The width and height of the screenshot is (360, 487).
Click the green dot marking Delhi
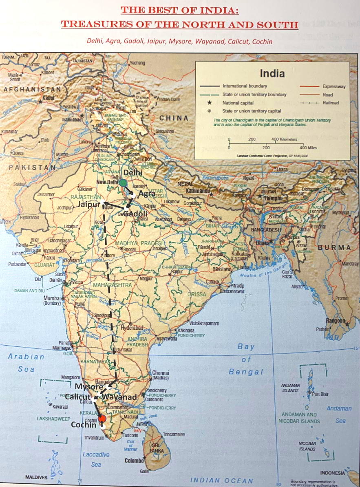(123, 182)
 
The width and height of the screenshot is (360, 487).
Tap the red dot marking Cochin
(102, 419)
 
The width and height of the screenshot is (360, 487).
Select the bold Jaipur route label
(89, 205)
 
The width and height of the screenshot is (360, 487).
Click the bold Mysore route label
(88, 386)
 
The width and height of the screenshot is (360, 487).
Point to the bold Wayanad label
(119, 397)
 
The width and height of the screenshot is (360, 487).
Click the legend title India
(272, 74)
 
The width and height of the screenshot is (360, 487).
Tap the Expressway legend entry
(333, 86)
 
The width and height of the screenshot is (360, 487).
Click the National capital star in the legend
(209, 103)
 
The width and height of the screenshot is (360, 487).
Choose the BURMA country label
(334, 247)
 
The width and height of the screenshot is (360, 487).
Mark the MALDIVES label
(36, 477)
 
